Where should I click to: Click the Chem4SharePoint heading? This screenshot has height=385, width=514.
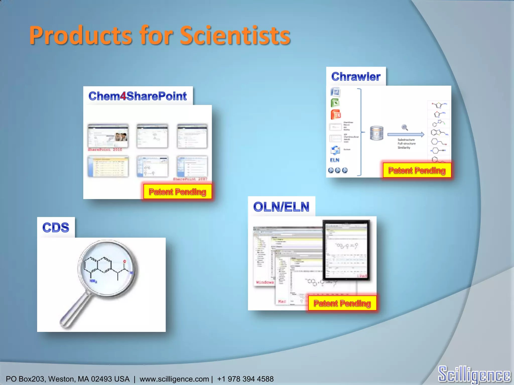coord(138,96)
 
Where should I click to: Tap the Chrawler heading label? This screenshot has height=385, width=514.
coord(356,77)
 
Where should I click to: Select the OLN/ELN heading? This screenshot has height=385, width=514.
coord(281,207)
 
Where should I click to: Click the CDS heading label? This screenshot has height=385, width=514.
coord(56,228)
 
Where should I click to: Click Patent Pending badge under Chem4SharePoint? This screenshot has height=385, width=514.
coord(177,192)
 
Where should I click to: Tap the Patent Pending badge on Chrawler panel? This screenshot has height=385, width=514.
coord(417,170)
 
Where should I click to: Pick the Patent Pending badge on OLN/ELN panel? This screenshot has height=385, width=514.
coord(342,303)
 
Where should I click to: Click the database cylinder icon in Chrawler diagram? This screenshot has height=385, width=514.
coord(376,133)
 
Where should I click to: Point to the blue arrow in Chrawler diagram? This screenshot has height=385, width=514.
coord(406,135)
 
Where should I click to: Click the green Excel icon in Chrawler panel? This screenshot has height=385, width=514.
coord(335,103)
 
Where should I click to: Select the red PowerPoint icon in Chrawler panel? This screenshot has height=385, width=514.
coord(336,115)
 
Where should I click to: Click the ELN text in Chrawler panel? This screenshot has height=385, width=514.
coord(335,160)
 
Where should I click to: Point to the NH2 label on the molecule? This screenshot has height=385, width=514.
coord(93,281)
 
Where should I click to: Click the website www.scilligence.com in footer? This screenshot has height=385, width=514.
coord(174,379)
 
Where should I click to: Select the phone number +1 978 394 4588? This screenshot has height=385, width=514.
coord(245,379)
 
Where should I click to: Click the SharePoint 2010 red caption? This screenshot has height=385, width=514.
coord(105,150)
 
